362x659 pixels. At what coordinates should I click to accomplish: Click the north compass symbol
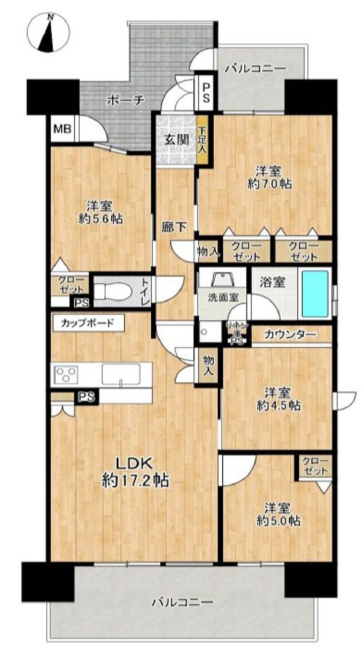click(50, 33)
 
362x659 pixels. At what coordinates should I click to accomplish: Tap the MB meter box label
click(62, 128)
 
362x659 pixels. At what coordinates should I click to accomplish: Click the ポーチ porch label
click(126, 100)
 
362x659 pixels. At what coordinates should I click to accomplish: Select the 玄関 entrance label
click(176, 140)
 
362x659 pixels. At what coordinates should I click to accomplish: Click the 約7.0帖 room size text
click(270, 184)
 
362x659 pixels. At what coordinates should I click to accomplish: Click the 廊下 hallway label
click(174, 227)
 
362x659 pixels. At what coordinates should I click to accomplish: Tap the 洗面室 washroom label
click(223, 297)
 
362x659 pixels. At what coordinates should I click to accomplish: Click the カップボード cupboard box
click(88, 323)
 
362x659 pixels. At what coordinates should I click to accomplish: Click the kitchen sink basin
click(121, 374)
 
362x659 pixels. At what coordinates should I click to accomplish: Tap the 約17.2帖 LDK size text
click(135, 481)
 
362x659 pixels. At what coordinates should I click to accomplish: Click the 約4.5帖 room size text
click(278, 405)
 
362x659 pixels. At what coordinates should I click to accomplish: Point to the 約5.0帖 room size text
click(278, 520)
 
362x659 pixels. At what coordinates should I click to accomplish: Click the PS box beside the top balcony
click(206, 93)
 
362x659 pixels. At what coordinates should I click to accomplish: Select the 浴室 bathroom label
click(272, 282)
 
